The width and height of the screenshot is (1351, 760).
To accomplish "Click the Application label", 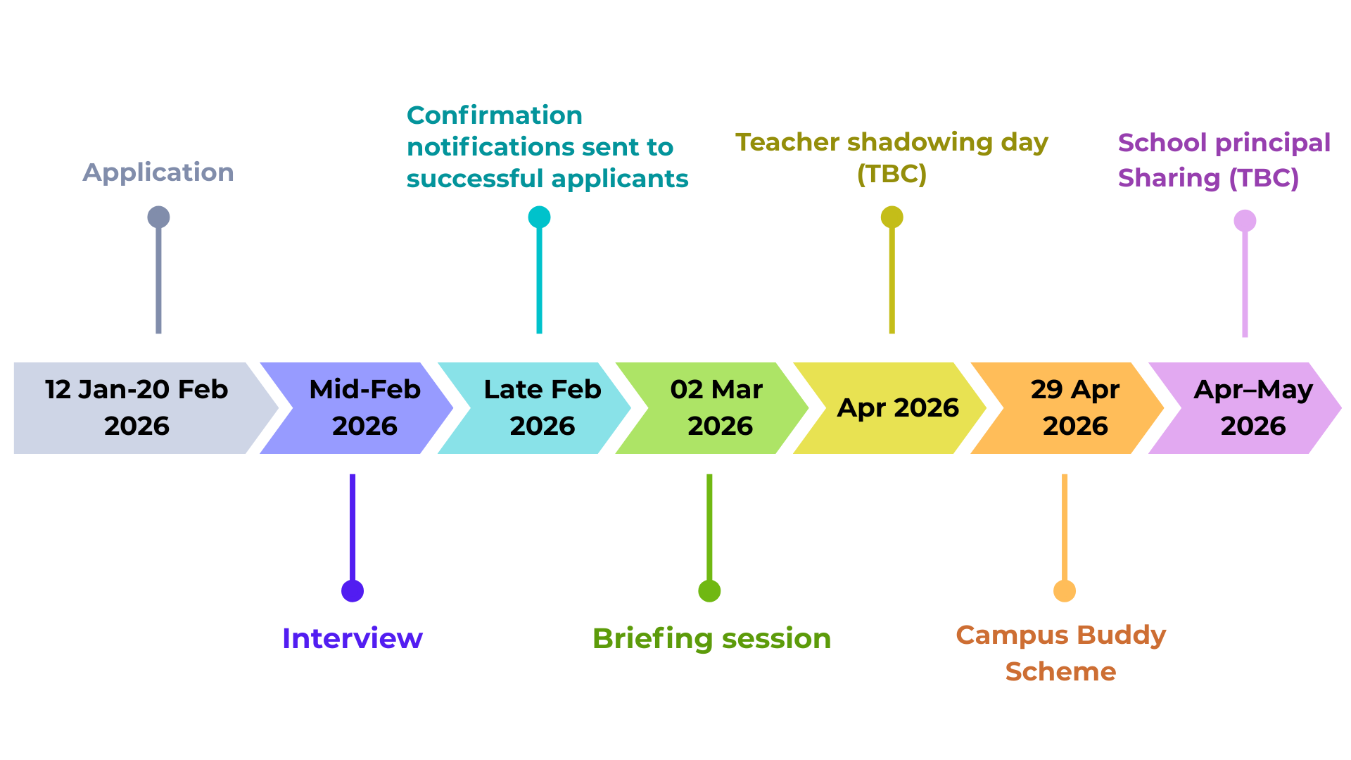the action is coord(158,173).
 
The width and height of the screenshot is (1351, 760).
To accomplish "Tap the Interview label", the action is coord(353,638).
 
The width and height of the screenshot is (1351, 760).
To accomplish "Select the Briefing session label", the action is coord(712,639).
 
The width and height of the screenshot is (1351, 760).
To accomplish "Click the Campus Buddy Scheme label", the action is coord(1061,653).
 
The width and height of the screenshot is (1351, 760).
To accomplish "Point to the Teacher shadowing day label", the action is coord(892,158).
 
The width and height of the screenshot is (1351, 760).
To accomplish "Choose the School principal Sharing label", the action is coord(1224,160).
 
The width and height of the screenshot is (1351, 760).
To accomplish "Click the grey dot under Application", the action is coord(158,217).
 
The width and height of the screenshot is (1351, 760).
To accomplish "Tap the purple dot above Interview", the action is coord(353,591).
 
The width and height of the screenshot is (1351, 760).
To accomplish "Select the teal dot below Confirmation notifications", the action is coord(540,217).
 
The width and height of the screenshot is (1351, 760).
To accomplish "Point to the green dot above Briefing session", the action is coord(709,591).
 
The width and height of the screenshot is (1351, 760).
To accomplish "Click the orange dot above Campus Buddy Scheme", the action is coord(1065,591).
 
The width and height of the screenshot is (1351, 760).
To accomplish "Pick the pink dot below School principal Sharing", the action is coord(1245,221).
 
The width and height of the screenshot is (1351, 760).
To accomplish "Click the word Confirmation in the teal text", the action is coord(495,115).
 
